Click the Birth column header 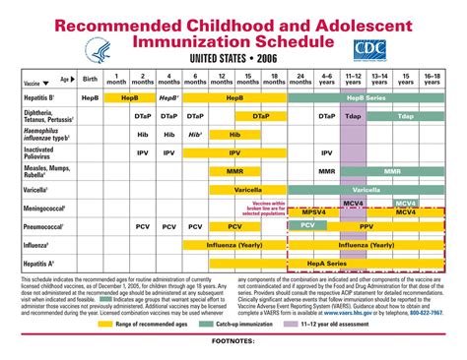tap(90, 79)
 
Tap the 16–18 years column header tap(431, 79)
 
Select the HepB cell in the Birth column tap(90, 99)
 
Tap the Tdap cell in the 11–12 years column tap(353, 117)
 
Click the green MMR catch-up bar tap(392, 170)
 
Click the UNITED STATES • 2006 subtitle tap(233, 59)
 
